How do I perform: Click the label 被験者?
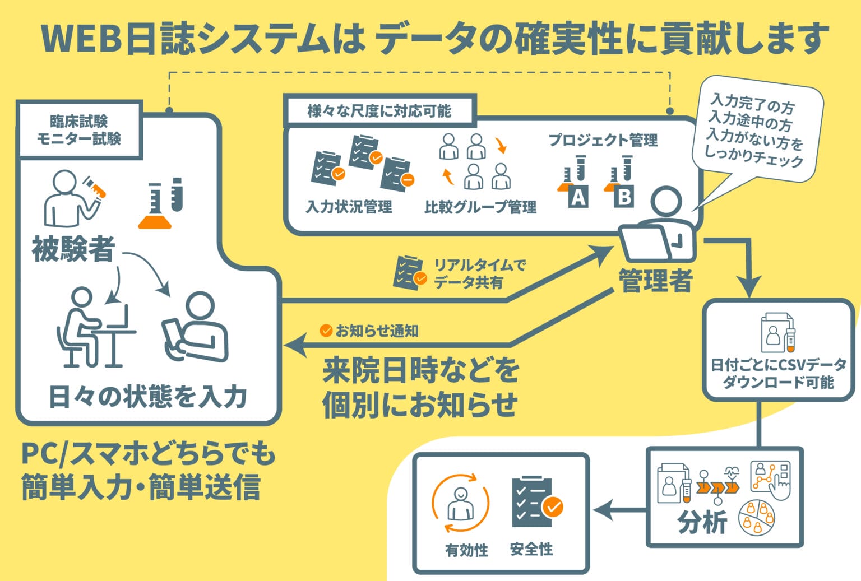[74, 249]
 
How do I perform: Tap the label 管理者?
[655, 280]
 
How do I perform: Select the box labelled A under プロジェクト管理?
[577, 198]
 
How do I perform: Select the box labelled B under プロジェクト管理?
[623, 197]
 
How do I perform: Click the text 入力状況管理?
[349, 207]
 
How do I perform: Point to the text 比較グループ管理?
[480, 207]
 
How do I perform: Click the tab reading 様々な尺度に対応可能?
[379, 111]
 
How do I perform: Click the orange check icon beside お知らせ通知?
[326, 331]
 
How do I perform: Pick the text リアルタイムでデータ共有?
[479, 273]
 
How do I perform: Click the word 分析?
[702, 523]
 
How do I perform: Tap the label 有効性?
[466, 550]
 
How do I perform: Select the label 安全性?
[531, 549]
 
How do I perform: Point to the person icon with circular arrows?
[460, 503]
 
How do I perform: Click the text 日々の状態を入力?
[148, 397]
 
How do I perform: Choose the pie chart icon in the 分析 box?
[757, 518]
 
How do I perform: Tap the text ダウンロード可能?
[778, 383]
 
